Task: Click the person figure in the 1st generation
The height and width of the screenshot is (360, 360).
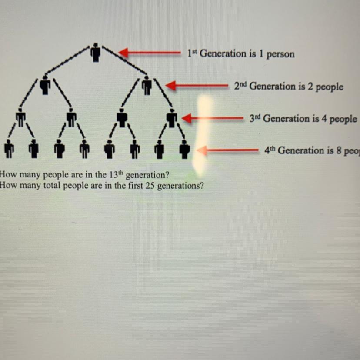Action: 96,53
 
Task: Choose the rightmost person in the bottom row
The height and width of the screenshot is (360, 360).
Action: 185,149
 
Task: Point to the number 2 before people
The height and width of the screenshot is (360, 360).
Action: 309,87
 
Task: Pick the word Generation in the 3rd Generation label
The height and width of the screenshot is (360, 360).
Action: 283,119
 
